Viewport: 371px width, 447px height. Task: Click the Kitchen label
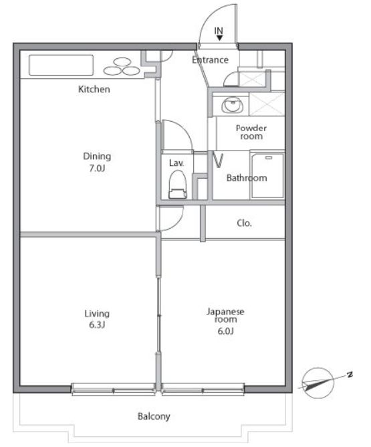click(94, 89)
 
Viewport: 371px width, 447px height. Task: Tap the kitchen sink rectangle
click(61, 65)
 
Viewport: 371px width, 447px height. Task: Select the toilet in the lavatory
click(177, 185)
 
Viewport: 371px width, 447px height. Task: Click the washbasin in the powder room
click(233, 105)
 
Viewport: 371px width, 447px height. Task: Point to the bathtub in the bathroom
click(267, 175)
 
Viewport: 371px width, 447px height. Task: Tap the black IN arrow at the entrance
click(219, 37)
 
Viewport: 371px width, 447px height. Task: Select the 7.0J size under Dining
click(97, 169)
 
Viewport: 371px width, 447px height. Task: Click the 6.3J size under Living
click(97, 325)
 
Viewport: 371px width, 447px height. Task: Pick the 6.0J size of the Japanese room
click(225, 331)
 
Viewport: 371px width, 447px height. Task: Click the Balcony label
click(154, 416)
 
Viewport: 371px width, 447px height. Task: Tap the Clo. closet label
click(244, 223)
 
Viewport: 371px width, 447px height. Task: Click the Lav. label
click(176, 163)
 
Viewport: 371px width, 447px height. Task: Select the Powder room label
click(251, 132)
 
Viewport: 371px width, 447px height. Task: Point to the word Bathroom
click(247, 178)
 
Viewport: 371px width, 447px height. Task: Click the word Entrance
click(210, 60)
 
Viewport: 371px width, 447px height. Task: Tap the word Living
click(97, 314)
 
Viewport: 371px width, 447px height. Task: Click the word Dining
click(97, 156)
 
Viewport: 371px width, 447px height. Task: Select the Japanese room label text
click(225, 315)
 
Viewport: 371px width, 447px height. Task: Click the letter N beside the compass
click(350, 375)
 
